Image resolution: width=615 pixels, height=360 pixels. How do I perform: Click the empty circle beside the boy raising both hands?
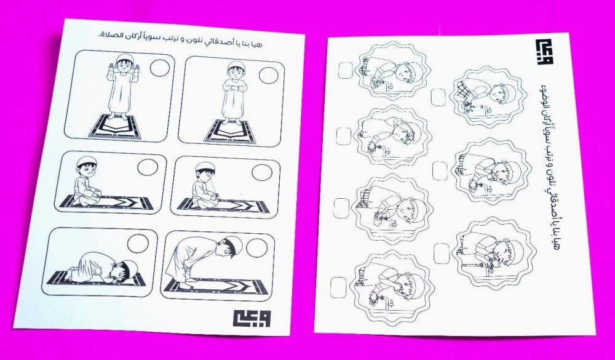[160, 68]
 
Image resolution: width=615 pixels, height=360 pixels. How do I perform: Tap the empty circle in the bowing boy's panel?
[257, 248]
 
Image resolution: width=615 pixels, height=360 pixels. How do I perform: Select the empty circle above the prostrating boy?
[138, 244]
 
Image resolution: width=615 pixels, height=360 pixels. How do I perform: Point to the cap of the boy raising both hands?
[123, 57]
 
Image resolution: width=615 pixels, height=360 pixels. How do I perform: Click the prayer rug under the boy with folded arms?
[230, 132]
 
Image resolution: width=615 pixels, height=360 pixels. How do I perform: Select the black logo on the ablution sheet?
[544, 52]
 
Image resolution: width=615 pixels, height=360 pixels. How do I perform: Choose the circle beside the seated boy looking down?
[262, 173]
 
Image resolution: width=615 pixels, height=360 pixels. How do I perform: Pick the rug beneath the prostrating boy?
[96, 278]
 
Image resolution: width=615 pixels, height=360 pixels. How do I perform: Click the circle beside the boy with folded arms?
[269, 75]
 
